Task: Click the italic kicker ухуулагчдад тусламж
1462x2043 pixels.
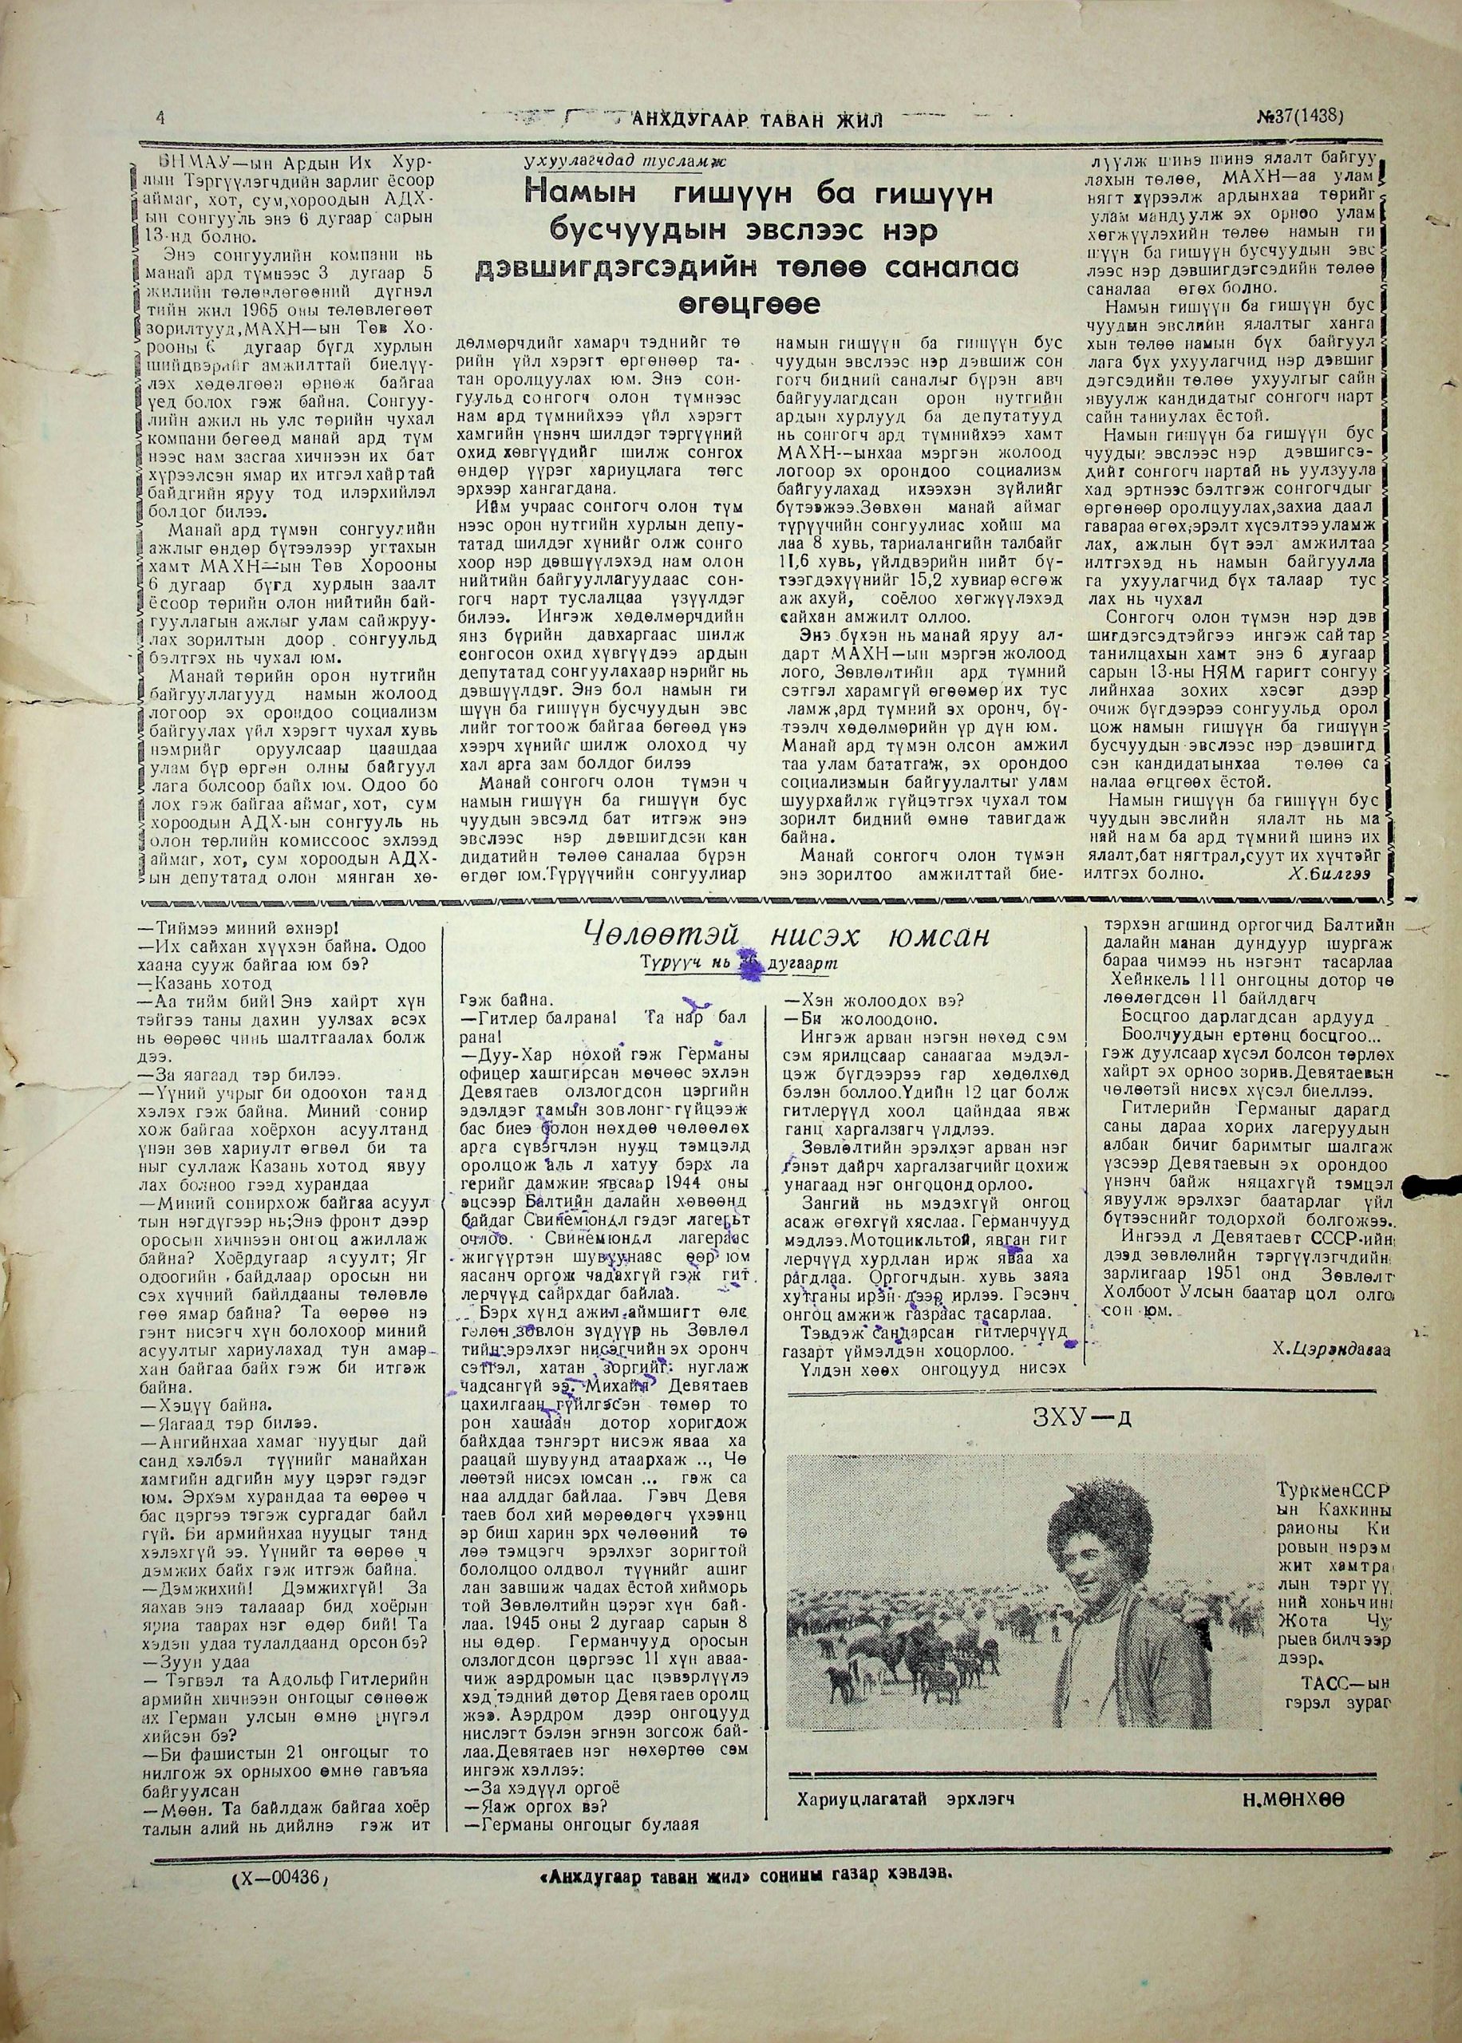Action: point(627,162)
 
